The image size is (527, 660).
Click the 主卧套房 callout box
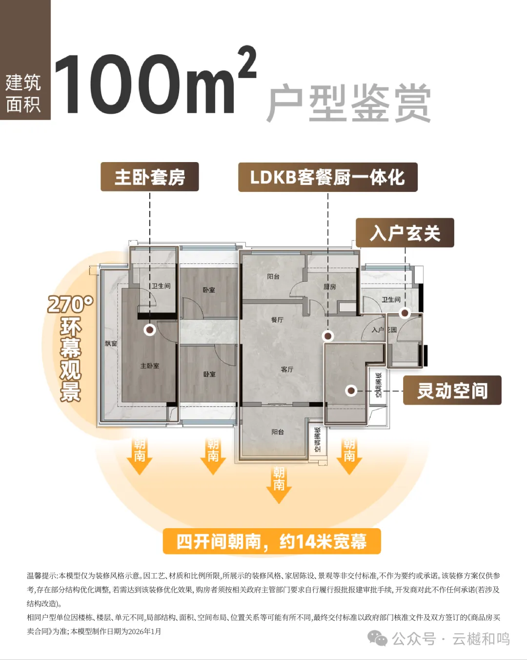point(149,177)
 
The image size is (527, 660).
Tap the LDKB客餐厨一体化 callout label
point(327,177)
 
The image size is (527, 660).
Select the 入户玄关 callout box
point(405,233)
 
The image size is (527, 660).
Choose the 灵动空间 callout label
point(452,391)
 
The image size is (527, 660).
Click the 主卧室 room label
point(149,366)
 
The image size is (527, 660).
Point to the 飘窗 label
point(111,344)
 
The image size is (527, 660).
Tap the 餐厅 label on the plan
point(277,320)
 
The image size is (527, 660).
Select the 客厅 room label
point(287,370)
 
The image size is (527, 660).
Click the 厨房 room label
point(330,287)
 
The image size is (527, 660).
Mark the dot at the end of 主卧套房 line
point(150,330)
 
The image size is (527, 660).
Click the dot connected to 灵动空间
point(351,391)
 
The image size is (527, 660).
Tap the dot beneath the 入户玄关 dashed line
point(405,312)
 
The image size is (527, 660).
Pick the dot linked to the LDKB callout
point(328,336)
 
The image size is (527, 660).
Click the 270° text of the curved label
point(70,304)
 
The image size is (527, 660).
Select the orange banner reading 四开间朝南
point(272,541)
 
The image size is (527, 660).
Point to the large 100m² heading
point(154,83)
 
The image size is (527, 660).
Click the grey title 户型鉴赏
point(348,103)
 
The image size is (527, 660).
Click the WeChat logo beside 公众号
point(377,638)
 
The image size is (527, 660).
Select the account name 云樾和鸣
point(481,639)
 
